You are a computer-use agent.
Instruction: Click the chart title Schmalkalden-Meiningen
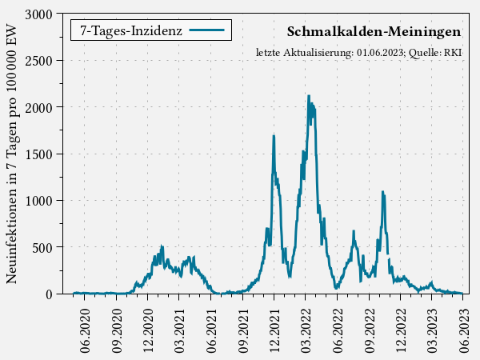[x=374, y=32]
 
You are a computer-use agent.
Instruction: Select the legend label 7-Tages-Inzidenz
[x=130, y=31]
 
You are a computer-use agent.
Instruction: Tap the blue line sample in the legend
[x=209, y=31]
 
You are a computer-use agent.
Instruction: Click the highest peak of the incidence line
[x=309, y=96]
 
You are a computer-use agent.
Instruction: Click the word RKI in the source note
[x=453, y=53]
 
